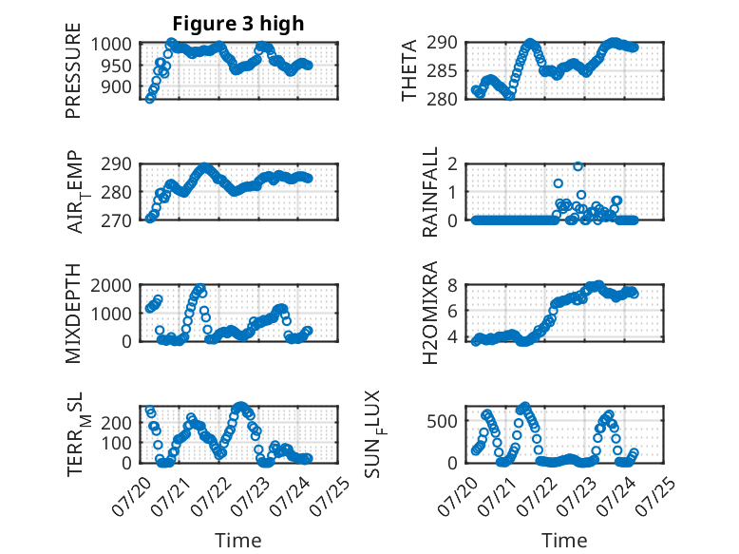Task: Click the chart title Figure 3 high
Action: [238, 24]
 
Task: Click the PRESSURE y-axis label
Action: [73, 70]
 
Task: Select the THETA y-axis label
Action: [409, 70]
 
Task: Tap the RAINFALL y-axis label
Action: [430, 192]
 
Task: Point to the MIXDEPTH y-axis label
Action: [73, 314]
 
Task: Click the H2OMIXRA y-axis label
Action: [430, 313]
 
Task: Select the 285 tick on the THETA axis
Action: [442, 71]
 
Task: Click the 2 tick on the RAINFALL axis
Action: [452, 164]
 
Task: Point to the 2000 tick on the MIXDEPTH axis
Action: [111, 285]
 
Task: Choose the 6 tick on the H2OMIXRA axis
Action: [452, 310]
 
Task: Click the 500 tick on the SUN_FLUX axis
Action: [442, 421]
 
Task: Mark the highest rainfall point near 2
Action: [578, 166]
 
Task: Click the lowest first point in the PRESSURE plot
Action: [149, 99]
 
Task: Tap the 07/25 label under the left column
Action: [332, 496]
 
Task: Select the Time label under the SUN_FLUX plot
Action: [564, 540]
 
